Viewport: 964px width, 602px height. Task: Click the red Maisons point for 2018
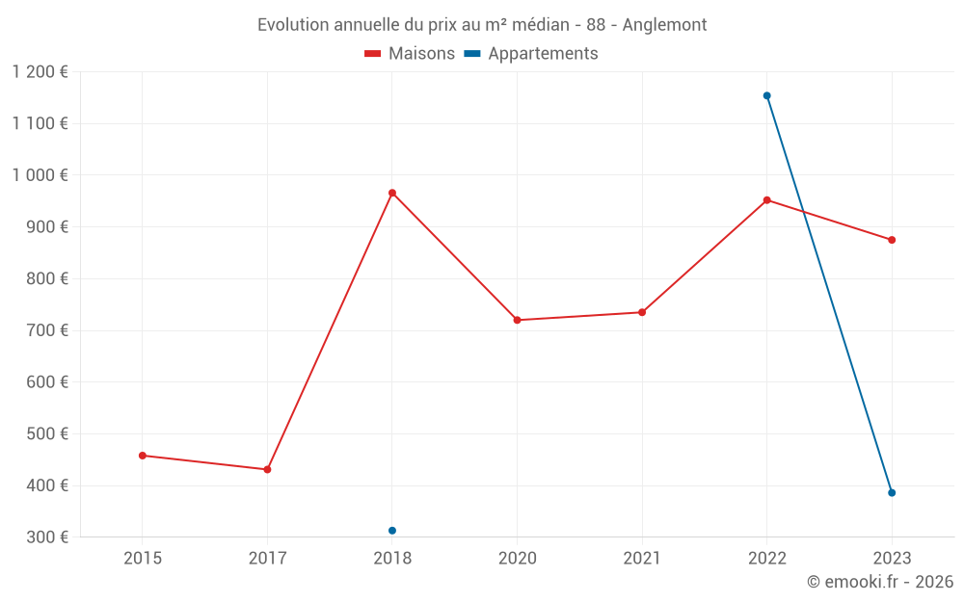(392, 193)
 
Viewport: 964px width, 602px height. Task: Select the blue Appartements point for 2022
(767, 95)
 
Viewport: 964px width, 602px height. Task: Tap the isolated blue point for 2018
(392, 531)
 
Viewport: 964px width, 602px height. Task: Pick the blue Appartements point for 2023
(892, 493)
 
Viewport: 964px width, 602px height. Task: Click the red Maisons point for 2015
(143, 456)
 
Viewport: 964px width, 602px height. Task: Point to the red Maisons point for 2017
(267, 470)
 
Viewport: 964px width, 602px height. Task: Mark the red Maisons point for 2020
(518, 320)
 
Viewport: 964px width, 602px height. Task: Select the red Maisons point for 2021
(642, 312)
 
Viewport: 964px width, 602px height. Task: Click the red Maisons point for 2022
(767, 200)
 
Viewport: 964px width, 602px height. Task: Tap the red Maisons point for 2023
(892, 240)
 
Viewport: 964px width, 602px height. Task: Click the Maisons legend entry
(410, 54)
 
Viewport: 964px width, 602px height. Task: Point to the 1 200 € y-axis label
(40, 71)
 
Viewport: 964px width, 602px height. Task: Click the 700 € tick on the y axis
(45, 330)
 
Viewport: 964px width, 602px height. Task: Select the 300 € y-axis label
(45, 537)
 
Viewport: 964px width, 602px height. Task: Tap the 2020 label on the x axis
(518, 559)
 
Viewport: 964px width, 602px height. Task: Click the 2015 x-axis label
(143, 559)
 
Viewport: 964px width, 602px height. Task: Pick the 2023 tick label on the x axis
(892, 559)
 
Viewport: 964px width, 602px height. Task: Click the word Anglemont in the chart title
(664, 25)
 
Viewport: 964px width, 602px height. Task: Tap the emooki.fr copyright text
(880, 582)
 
